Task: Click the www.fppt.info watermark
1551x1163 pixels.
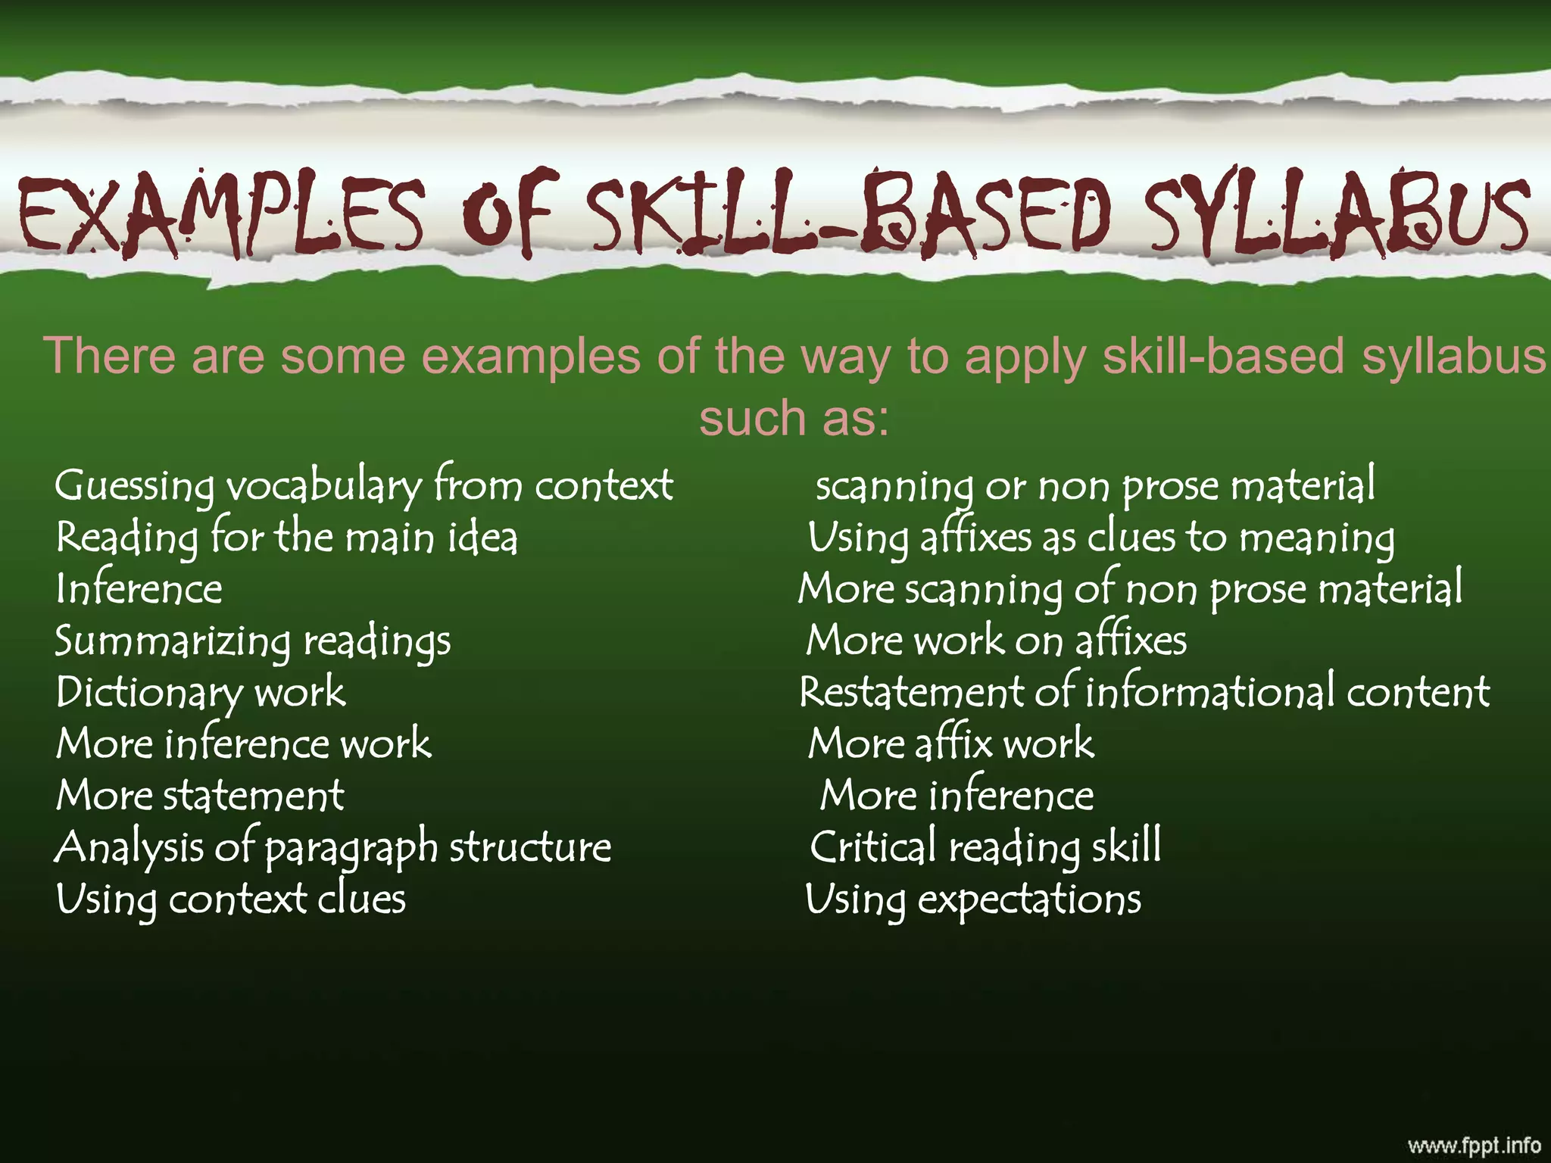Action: [1474, 1144]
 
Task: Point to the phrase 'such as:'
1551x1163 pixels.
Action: [794, 418]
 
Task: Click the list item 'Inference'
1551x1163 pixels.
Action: [139, 589]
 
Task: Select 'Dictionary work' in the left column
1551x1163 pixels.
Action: [201, 692]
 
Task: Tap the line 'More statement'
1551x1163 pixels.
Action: [200, 795]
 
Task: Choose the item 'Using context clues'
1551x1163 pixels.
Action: [231, 900]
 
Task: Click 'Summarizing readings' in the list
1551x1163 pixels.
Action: [253, 641]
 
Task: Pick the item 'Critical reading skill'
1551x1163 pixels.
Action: [985, 847]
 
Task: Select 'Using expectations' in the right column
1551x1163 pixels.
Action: [973, 900]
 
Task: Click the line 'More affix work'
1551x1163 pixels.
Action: [951, 744]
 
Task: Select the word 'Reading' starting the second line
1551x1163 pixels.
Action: [127, 538]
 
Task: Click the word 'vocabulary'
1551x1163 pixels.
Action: [324, 486]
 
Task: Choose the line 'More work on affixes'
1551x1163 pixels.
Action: [996, 641]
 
